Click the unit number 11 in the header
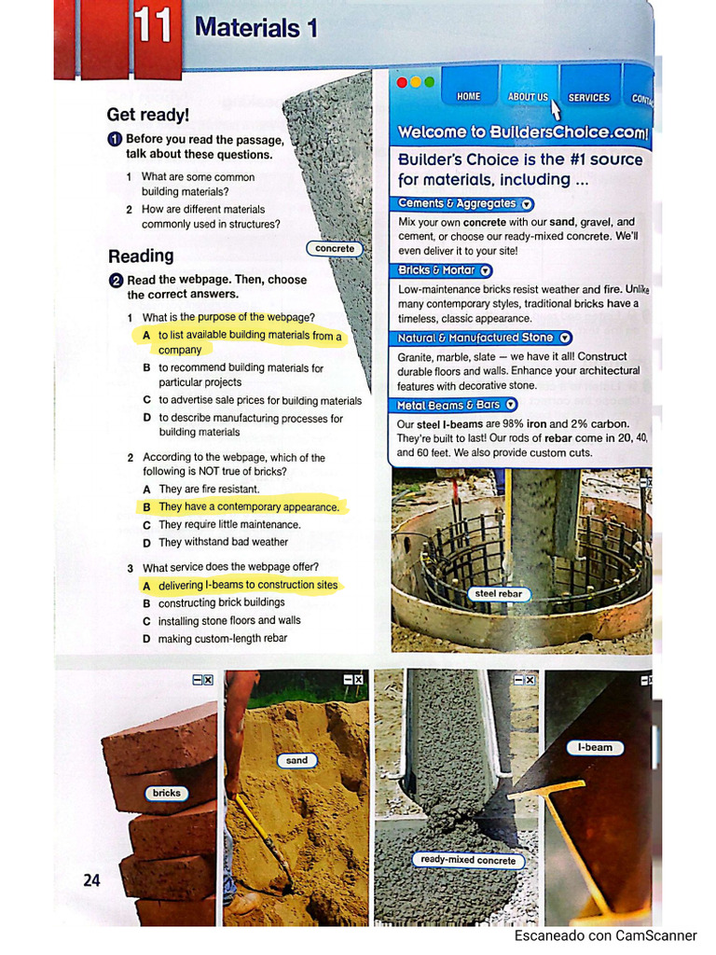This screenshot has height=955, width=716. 152,27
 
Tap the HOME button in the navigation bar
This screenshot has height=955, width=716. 468,97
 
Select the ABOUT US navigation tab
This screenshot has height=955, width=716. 528,97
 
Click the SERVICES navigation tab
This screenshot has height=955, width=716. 588,97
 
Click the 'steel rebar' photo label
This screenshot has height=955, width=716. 498,593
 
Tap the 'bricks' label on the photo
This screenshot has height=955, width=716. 166,794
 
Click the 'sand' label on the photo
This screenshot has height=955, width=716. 296,760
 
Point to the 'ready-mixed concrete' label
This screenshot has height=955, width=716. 467,860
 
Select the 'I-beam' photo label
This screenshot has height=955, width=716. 594,747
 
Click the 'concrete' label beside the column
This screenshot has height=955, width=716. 335,249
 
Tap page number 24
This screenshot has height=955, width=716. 91,879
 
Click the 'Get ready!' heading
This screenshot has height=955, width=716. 147,115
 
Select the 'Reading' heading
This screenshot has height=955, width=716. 141,256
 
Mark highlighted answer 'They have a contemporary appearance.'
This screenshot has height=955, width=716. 248,507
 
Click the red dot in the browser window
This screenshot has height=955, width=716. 403,82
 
